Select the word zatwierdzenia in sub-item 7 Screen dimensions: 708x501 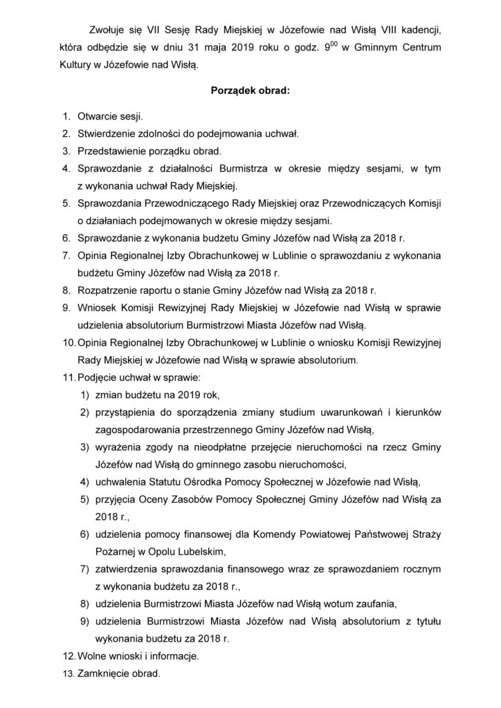(x=129, y=568)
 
